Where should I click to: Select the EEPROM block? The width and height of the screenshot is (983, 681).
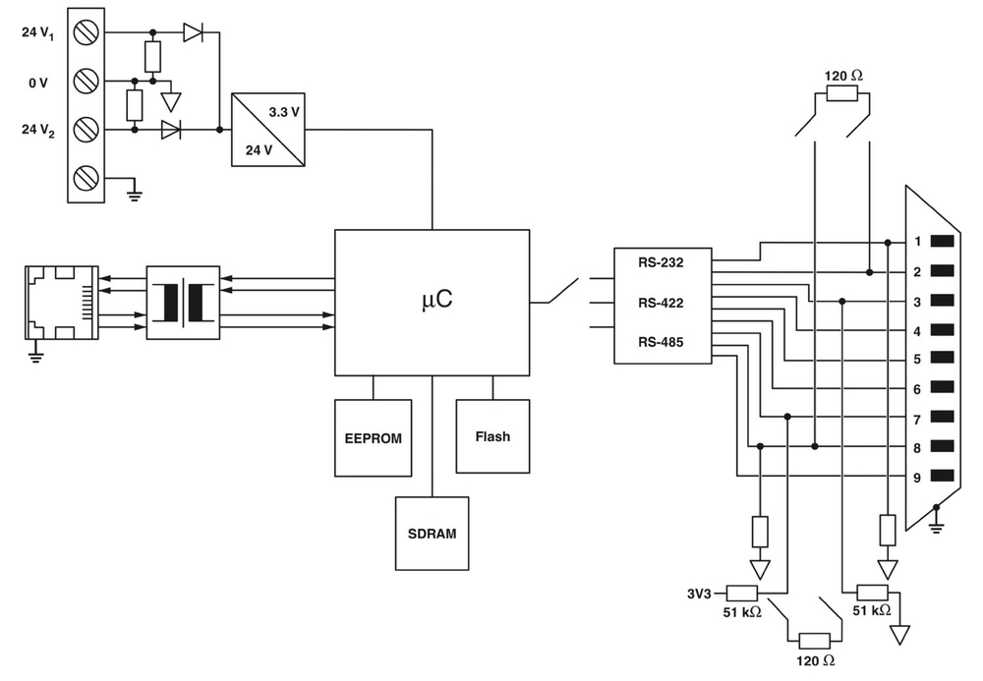(x=373, y=437)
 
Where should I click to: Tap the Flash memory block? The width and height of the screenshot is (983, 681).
(x=492, y=435)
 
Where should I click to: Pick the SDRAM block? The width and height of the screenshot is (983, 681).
(x=432, y=534)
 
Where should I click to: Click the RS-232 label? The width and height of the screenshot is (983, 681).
(x=661, y=262)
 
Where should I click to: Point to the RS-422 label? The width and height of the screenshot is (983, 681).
(x=661, y=303)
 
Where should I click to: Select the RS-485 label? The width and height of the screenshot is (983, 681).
(x=661, y=342)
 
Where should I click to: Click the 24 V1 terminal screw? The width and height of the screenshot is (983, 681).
(x=87, y=33)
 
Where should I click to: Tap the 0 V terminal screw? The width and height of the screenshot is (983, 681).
(x=87, y=82)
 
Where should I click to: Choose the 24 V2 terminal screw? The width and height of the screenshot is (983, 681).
(x=87, y=129)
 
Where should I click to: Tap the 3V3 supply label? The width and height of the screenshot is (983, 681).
(x=701, y=593)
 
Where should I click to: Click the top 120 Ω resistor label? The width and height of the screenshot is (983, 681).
(x=842, y=75)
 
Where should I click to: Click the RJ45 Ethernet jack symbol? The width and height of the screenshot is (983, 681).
(x=62, y=303)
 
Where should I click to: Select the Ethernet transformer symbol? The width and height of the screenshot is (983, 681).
(x=183, y=303)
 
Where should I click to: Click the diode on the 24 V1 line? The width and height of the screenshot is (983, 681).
(x=194, y=32)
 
